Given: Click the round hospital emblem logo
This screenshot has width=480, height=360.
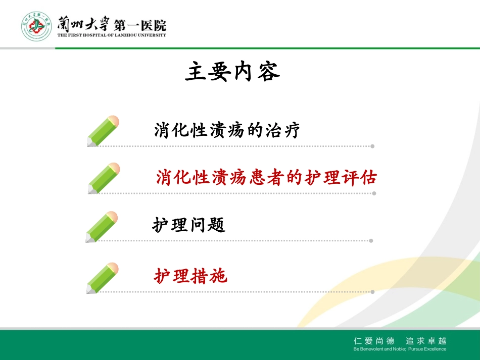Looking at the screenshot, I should (x=36, y=26).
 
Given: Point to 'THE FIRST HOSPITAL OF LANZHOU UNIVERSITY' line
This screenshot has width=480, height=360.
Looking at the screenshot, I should (x=111, y=35).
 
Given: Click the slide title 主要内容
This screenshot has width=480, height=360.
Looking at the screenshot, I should (x=232, y=72).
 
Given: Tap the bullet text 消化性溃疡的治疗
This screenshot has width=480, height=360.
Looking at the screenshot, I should (x=227, y=131).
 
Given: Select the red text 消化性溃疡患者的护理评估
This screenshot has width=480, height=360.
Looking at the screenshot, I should (x=266, y=178).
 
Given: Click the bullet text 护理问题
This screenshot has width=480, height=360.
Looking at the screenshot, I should (x=188, y=225).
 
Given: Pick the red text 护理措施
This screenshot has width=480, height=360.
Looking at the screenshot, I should (x=190, y=276).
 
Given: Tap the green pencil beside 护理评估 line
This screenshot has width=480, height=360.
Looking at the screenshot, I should (x=104, y=178).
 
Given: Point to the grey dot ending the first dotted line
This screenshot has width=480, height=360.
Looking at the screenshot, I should (x=372, y=146).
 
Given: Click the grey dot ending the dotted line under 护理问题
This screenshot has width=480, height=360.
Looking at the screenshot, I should (x=371, y=240).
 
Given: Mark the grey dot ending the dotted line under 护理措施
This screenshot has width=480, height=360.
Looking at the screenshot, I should (x=372, y=291).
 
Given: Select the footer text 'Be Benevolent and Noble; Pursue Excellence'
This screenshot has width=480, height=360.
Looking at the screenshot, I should (x=400, y=349).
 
